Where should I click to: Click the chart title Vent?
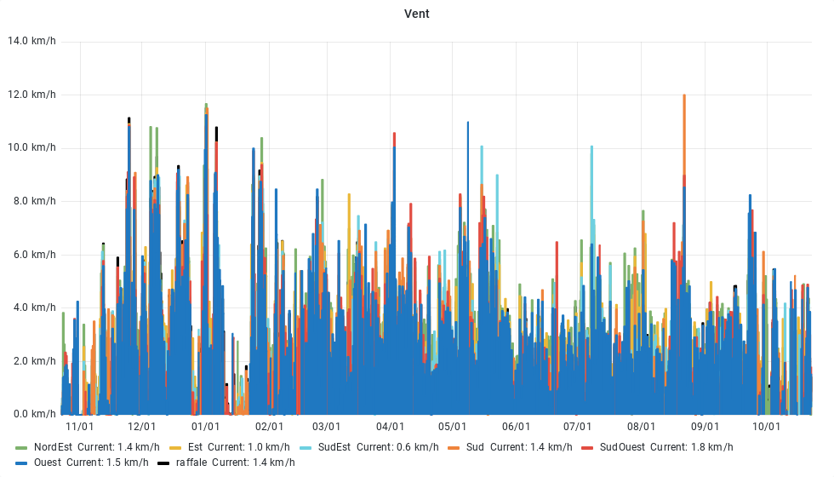point(416,14)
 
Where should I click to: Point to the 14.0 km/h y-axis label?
point(31,41)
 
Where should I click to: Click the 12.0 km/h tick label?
point(31,95)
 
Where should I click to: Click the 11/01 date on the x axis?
point(79,427)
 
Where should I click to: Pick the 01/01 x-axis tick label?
point(206,427)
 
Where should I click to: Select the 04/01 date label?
point(390,427)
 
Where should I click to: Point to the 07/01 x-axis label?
point(577,427)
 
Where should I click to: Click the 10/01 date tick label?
point(767,427)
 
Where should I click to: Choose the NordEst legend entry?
point(53,447)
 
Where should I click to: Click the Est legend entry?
point(195,447)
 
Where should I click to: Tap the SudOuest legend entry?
point(622,447)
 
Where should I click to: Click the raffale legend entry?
point(191,463)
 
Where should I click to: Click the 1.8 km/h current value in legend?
point(715,447)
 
